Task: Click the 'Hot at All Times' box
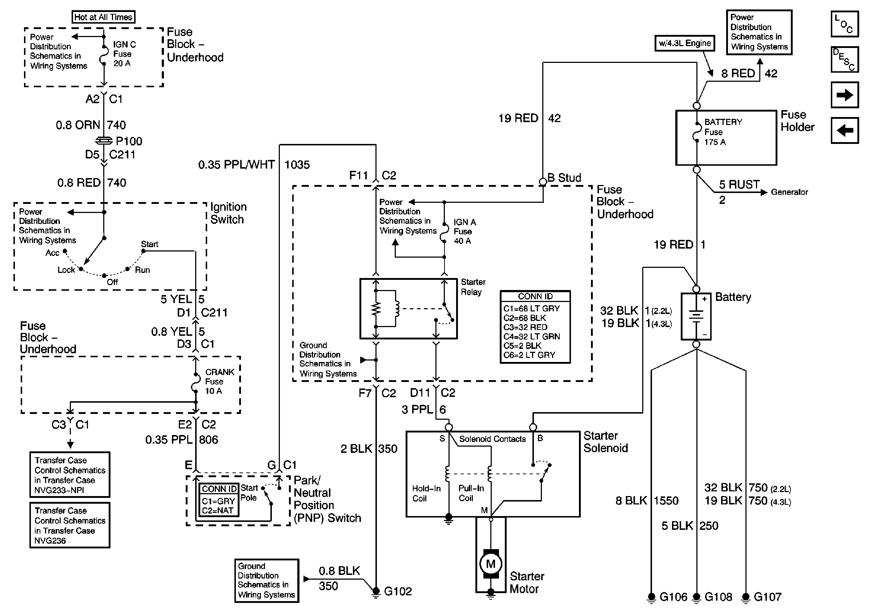(103, 17)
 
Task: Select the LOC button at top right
(845, 24)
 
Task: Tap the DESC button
(845, 59)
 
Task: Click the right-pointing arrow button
(845, 94)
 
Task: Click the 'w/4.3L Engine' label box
(684, 43)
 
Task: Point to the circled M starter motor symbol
(491, 564)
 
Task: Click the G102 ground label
(398, 591)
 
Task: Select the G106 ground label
(673, 597)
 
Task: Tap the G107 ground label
(767, 597)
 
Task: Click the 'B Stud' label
(564, 177)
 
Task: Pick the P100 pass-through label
(129, 141)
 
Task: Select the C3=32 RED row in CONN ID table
(526, 327)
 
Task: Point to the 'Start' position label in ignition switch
(149, 244)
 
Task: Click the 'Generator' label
(789, 192)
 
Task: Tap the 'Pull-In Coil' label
(471, 493)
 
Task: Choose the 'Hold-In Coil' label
(426, 493)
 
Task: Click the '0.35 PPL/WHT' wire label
(236, 165)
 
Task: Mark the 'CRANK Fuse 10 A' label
(220, 381)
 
